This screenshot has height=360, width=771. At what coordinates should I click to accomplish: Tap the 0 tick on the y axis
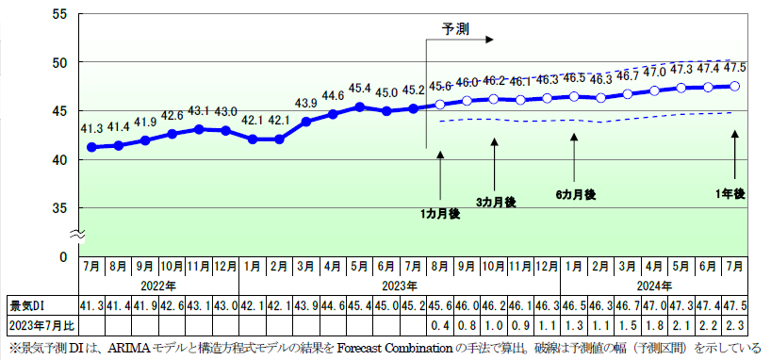(x=63, y=256)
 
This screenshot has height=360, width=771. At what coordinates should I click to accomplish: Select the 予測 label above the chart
(x=456, y=28)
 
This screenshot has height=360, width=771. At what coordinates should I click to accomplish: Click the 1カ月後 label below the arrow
(x=440, y=215)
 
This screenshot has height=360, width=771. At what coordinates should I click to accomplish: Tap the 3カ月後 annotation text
(x=496, y=203)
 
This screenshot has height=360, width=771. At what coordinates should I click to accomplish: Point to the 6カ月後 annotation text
(x=575, y=194)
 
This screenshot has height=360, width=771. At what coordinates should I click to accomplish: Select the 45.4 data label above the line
(x=360, y=89)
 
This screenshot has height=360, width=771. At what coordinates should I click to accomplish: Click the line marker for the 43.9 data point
(x=306, y=122)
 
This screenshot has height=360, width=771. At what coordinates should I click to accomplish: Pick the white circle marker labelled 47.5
(x=735, y=86)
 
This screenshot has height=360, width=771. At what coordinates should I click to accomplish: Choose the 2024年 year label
(x=654, y=286)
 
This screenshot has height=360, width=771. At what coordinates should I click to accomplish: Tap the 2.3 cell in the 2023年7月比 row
(x=735, y=326)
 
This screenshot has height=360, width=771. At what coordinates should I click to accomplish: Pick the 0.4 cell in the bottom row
(x=440, y=326)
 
